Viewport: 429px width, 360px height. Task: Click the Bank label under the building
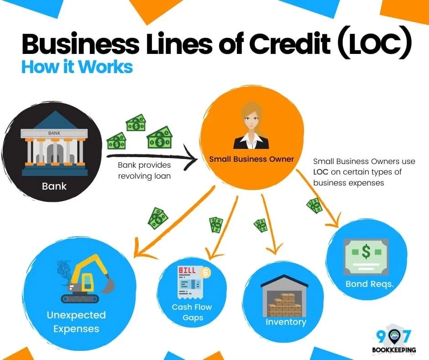coord(54,186)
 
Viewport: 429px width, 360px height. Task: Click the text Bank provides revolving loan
coord(144,170)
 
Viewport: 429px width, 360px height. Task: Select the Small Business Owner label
coord(251,159)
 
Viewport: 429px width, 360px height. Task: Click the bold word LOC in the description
coord(321,172)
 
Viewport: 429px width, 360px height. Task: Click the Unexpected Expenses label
coord(76,322)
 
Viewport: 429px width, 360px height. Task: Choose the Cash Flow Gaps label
coord(192,312)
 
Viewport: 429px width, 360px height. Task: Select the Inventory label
coord(286,322)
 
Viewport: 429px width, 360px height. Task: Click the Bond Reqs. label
coord(369,284)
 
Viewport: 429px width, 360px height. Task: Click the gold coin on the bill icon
coord(206,273)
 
